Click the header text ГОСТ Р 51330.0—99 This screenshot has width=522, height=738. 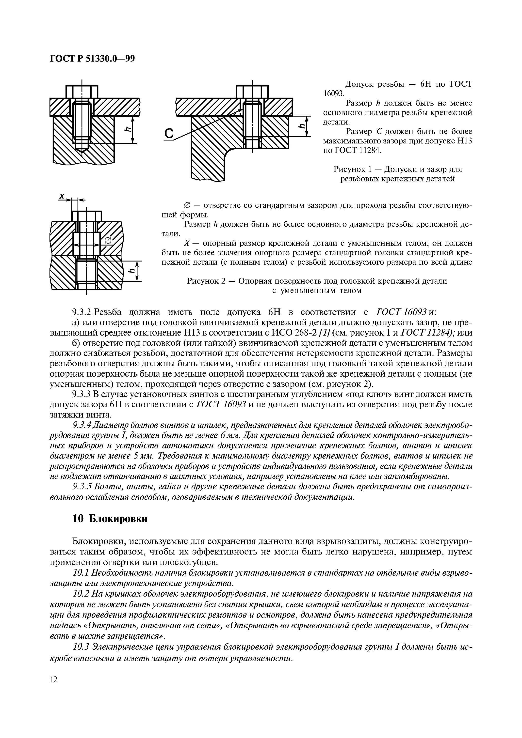pyautogui.click(x=92, y=59)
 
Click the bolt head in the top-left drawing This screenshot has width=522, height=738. pyautogui.click(x=82, y=91)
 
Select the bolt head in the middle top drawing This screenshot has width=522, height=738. pyautogui.click(x=252, y=91)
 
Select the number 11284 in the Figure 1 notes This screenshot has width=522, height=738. pyautogui.click(x=369, y=150)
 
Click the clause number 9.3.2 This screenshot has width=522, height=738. pyautogui.click(x=82, y=312)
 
